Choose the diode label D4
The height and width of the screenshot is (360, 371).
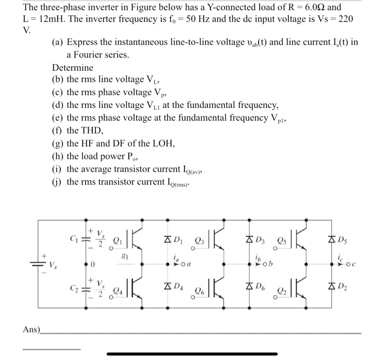click(179, 286)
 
